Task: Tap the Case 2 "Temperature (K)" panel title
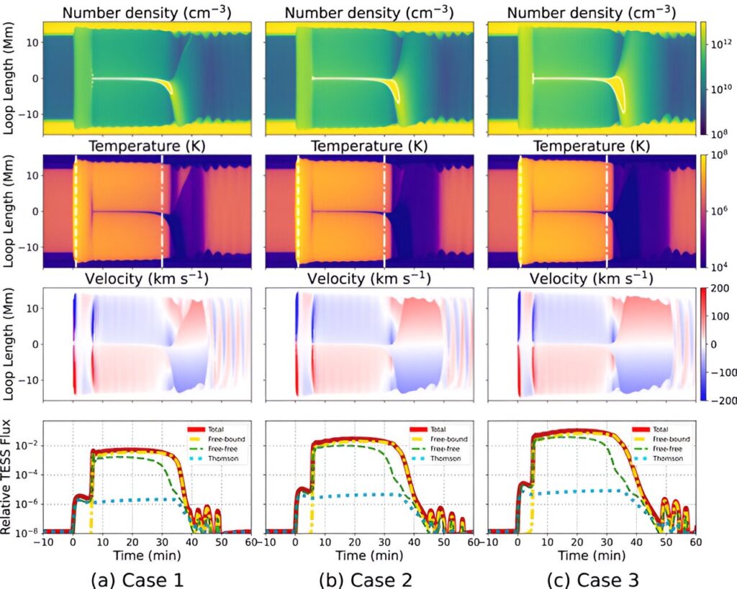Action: tap(368, 146)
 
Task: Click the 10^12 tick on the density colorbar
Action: tap(720, 44)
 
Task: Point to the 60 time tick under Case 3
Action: tap(695, 542)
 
